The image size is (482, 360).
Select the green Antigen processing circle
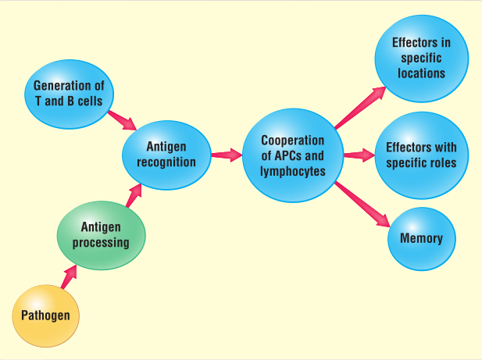[x=101, y=235]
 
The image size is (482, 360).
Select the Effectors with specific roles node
[x=422, y=155]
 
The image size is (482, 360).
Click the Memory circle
[x=421, y=238]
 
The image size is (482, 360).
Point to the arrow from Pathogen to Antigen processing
[x=70, y=276]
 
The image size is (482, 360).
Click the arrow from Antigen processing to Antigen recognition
[x=133, y=195]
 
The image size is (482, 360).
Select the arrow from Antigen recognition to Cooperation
[x=227, y=155]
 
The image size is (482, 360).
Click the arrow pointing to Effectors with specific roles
[x=359, y=155]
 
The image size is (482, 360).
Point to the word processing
[x=101, y=242]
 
